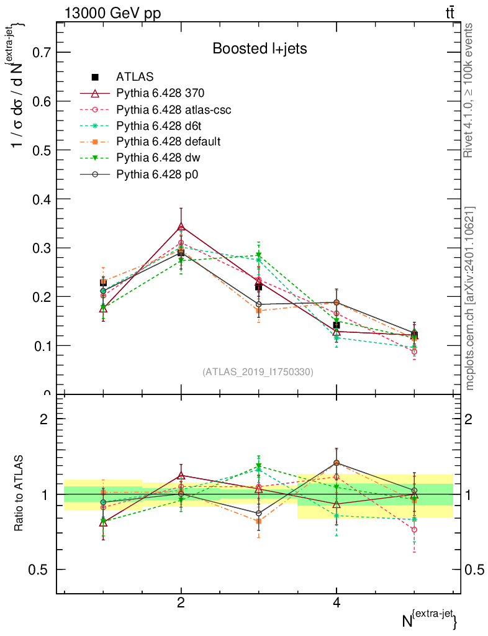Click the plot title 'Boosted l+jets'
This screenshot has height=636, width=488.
click(260, 48)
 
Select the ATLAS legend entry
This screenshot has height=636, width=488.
click(135, 77)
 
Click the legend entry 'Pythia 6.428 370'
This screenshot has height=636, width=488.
click(160, 93)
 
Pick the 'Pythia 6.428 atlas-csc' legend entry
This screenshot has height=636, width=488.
click(174, 109)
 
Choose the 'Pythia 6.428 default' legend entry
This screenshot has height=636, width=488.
click(168, 142)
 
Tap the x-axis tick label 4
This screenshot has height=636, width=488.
click(337, 602)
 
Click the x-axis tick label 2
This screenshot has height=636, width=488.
click(181, 602)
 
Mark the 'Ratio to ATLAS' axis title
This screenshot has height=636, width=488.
click(19, 494)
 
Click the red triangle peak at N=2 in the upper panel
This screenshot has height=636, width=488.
click(181, 226)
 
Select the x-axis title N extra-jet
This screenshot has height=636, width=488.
click(430, 618)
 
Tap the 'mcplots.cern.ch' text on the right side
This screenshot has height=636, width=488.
click(470, 298)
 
